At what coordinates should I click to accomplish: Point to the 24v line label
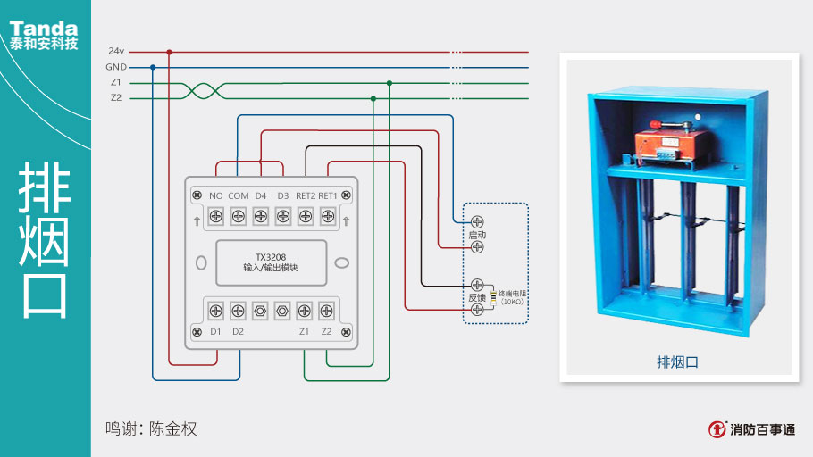click(116, 51)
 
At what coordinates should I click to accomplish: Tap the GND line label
click(116, 67)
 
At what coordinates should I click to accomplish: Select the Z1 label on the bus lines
click(116, 82)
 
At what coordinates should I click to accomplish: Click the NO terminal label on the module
click(215, 195)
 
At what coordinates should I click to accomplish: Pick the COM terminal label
click(239, 195)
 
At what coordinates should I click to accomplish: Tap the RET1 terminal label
click(328, 195)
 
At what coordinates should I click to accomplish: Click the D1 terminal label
click(215, 331)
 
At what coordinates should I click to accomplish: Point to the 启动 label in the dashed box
click(477, 234)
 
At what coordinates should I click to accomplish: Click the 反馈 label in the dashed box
click(477, 296)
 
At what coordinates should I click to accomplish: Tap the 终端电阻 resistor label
click(513, 293)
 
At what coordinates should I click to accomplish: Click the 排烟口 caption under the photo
click(676, 361)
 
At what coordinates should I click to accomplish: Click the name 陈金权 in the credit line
click(172, 428)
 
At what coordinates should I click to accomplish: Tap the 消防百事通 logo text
click(762, 429)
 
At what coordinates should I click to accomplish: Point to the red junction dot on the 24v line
click(169, 52)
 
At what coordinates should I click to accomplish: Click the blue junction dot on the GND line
click(153, 67)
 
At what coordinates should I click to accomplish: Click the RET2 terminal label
click(306, 195)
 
